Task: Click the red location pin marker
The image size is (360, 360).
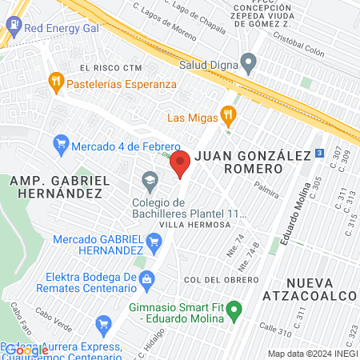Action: [x=181, y=163]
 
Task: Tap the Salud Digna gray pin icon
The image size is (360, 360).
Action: [x=249, y=62]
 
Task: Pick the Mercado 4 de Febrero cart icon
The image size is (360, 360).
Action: [x=60, y=146]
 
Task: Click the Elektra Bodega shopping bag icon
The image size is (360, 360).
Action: [x=146, y=279]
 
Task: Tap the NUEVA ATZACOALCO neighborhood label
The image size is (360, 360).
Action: [x=320, y=288]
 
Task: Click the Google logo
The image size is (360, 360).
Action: [x=26, y=350]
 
